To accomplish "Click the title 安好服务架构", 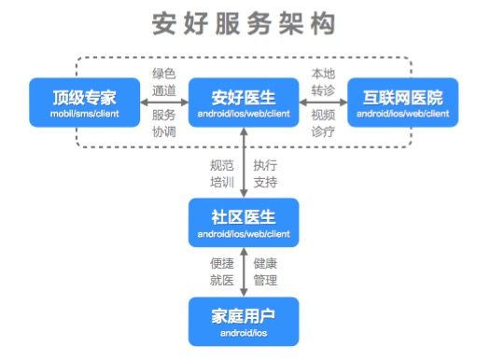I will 244,23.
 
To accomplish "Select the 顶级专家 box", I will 86,104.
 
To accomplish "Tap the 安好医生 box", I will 244,104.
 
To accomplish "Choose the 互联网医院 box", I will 402,104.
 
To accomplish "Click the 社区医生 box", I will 244,222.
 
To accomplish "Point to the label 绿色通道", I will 164,82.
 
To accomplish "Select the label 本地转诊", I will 324,82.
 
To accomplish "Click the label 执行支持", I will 266,174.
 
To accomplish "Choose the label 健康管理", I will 266,271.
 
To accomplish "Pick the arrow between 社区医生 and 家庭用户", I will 244,271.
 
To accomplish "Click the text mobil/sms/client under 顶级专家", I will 86,114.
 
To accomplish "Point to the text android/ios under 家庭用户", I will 244,332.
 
